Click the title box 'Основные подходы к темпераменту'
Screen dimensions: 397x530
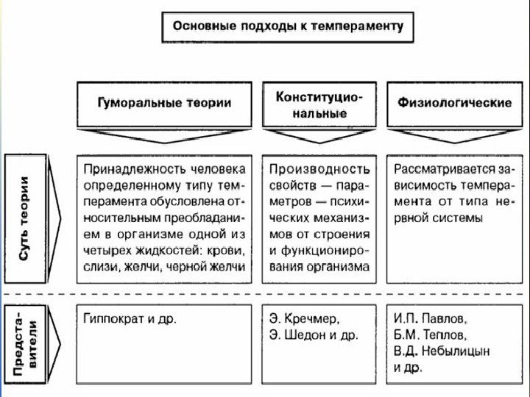288,26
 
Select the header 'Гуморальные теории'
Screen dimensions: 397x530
165,103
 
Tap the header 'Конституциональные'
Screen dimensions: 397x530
319,104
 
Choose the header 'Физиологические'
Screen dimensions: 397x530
454,103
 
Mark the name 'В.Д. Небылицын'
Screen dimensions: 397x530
442,351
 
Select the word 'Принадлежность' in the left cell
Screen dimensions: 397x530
130,168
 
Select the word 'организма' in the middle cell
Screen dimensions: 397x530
343,268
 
